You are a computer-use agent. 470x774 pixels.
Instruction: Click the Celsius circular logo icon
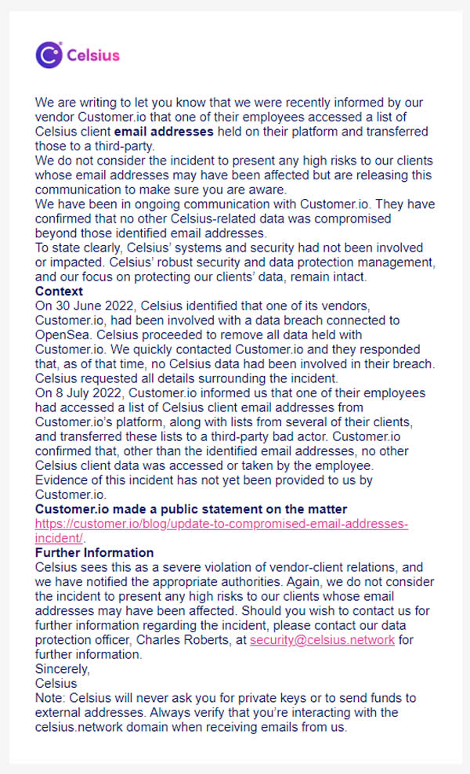point(48,55)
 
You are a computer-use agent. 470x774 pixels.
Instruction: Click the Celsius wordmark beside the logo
point(93,55)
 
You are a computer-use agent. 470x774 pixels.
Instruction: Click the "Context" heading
point(59,291)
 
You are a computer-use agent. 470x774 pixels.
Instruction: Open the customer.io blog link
point(221,523)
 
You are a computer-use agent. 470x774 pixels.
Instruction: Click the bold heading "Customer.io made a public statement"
point(191,509)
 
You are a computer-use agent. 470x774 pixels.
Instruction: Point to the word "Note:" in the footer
point(51,697)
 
